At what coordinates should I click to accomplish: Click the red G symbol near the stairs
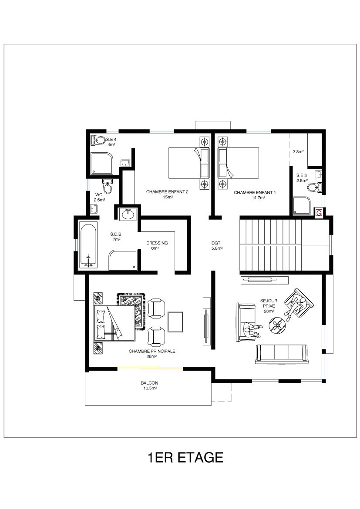click(319, 213)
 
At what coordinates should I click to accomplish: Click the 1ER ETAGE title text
click(185, 457)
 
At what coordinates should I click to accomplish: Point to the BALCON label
click(149, 383)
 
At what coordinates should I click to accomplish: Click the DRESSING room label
click(157, 243)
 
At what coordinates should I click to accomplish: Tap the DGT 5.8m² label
click(217, 245)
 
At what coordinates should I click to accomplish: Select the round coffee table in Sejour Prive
click(277, 325)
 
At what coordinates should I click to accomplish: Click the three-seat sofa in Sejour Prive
click(281, 353)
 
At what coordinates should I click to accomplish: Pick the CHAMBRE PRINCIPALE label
click(152, 351)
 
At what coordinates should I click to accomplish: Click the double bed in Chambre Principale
click(114, 323)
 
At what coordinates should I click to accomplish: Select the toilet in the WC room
click(107, 186)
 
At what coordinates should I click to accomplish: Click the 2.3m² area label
click(298, 151)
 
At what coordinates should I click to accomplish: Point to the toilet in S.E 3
click(314, 188)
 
